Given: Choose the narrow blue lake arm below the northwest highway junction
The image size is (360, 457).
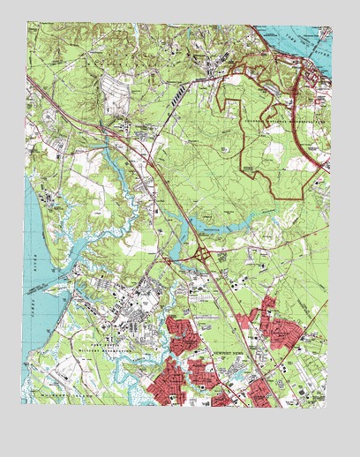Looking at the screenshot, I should pyautogui.click(x=113, y=159).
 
